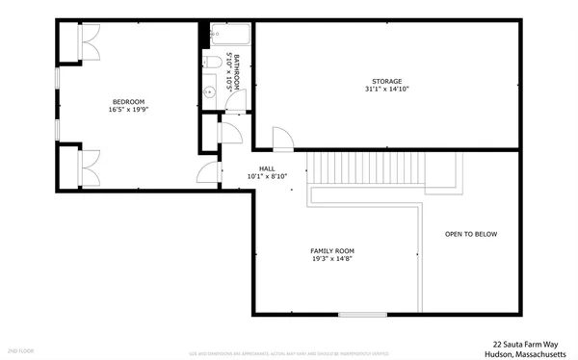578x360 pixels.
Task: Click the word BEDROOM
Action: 128,101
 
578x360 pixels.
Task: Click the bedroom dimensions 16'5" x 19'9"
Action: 128,110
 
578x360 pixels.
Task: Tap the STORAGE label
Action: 387,81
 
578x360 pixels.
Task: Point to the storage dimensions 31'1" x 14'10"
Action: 387,90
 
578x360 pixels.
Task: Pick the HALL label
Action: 267,168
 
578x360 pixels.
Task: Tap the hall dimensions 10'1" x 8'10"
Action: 267,177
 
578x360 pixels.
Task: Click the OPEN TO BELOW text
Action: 471,234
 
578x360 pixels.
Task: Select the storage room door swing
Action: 280,139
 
